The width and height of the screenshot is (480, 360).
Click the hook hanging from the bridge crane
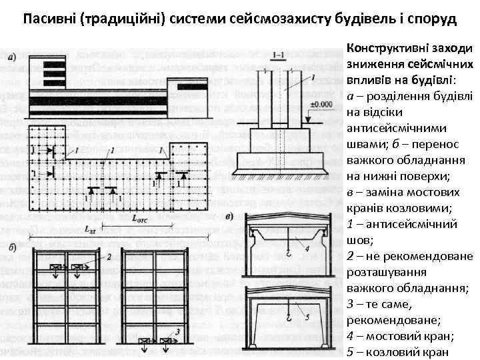pos(287,253)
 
